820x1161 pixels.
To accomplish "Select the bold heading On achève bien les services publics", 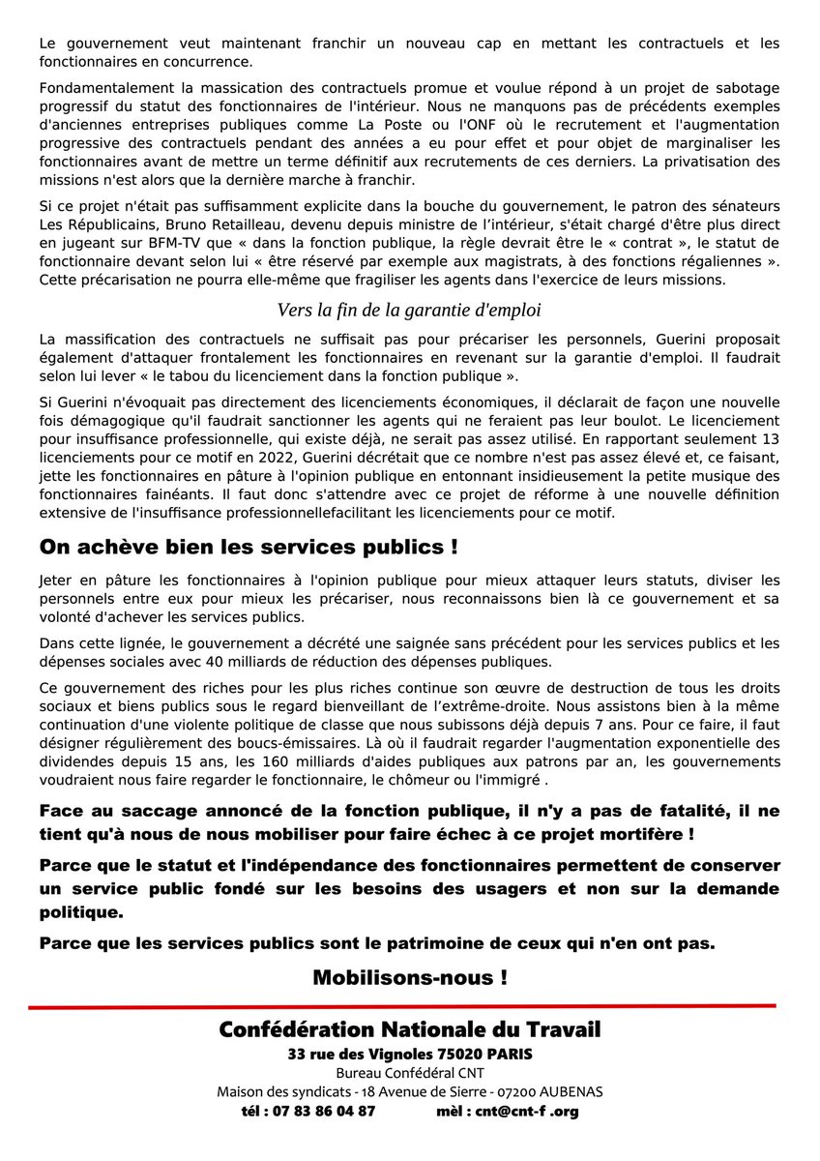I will point(249,547).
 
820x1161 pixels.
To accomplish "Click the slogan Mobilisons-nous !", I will point(410,977).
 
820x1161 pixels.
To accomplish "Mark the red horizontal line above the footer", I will point(402,1007).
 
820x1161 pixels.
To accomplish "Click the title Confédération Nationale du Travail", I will point(410,1031).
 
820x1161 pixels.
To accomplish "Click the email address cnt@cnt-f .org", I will point(528,1111).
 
